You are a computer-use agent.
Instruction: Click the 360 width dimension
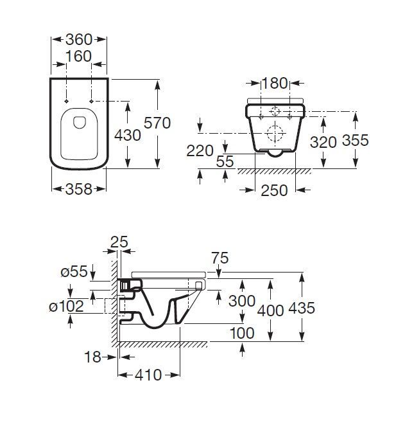[79, 39]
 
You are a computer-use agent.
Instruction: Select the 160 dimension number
[78, 57]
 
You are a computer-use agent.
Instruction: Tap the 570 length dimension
[157, 123]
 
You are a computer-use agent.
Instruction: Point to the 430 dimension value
[128, 135]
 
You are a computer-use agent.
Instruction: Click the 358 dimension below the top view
[79, 189]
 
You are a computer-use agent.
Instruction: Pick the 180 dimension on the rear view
[275, 83]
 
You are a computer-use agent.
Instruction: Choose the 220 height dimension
[200, 150]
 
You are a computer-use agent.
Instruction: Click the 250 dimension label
[274, 190]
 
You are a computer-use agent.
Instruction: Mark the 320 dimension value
[323, 142]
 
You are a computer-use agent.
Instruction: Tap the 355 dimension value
[356, 140]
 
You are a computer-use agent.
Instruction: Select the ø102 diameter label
[67, 307]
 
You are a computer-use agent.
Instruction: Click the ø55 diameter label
[74, 271]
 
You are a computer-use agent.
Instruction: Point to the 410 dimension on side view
[148, 375]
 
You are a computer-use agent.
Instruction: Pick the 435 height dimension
[302, 308]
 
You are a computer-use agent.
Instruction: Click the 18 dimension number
[93, 357]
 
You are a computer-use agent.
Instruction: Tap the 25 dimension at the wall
[119, 242]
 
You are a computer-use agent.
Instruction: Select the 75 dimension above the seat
[220, 258]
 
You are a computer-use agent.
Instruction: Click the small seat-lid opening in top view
[80, 122]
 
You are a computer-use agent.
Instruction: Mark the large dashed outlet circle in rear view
[275, 133]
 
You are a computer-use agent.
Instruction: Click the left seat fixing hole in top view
[67, 101]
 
